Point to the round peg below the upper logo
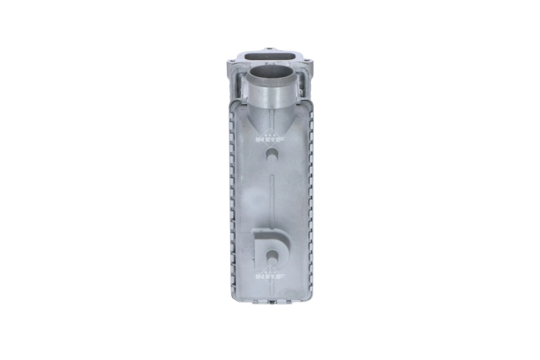point(271,155)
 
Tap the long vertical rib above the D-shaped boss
point(271,196)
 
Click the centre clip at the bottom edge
point(271,302)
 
